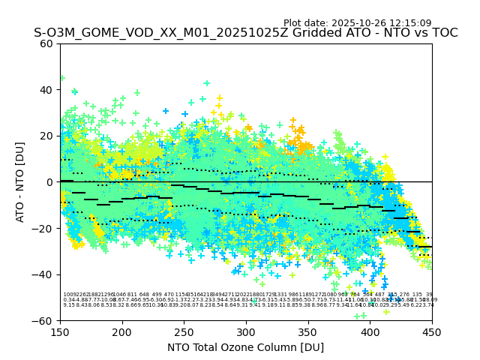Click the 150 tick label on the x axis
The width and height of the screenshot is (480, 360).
click(x=60, y=331)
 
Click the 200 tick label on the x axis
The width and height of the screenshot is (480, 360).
click(x=122, y=331)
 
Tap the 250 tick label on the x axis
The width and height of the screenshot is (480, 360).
click(x=184, y=331)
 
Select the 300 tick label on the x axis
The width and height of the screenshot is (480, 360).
click(x=246, y=331)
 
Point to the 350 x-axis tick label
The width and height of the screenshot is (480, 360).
click(x=308, y=331)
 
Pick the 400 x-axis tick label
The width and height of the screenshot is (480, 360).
click(x=370, y=331)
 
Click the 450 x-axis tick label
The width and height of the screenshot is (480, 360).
click(x=432, y=331)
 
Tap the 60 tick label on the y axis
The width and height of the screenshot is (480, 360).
click(x=46, y=43)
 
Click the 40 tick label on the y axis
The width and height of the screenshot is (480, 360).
click(x=46, y=90)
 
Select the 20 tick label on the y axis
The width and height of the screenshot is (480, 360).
click(x=46, y=136)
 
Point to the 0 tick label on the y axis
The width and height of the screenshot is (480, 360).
click(x=49, y=182)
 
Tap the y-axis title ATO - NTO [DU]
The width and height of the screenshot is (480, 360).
click(x=20, y=182)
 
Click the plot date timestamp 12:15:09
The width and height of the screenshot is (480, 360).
click(x=409, y=23)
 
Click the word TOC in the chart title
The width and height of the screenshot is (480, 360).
click(x=442, y=33)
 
